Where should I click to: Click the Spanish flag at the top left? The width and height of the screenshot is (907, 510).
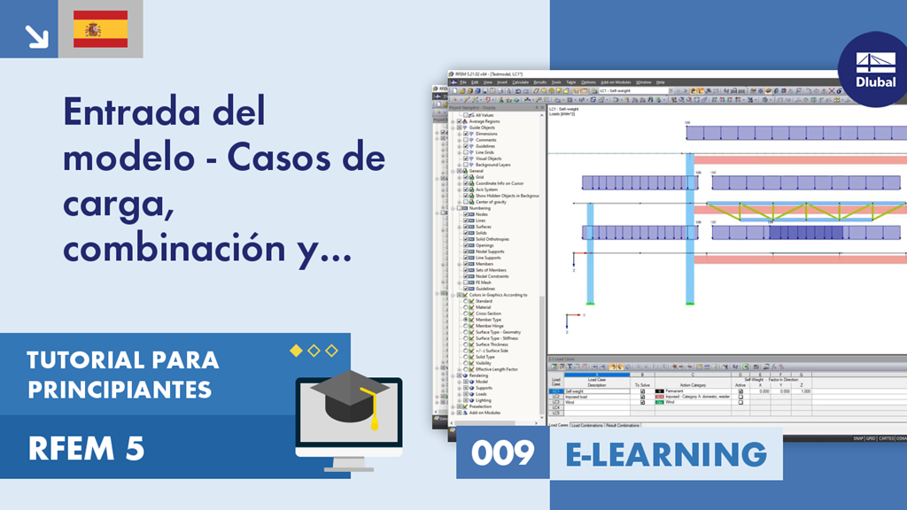99,29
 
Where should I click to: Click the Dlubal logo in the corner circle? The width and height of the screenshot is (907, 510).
874,69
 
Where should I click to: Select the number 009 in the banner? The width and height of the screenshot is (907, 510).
503,453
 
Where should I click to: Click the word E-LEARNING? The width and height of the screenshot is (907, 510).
666,453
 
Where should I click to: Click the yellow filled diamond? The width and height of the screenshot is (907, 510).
296,351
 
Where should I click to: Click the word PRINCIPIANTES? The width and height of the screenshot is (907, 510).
120,389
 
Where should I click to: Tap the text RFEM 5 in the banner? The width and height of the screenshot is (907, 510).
86,450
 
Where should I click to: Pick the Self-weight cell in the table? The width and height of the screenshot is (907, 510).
582,391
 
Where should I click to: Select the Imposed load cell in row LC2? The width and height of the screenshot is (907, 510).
585,397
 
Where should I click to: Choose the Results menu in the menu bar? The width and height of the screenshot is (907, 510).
539,81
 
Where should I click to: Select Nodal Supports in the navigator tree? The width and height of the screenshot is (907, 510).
490,251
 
